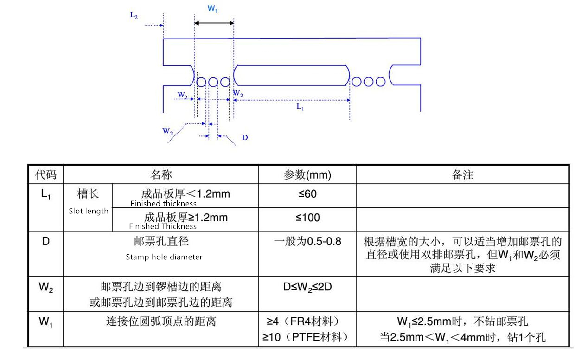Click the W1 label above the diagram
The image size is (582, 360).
coord(213,9)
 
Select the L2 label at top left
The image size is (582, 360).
coord(134,15)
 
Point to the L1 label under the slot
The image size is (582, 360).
coord(300,107)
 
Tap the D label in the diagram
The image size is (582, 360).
coord(245,138)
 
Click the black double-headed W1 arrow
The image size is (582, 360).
coord(214,23)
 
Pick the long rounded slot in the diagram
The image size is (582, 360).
coord(292,76)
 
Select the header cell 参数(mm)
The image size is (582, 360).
coord(307,174)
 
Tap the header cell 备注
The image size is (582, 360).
coord(462,174)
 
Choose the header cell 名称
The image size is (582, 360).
coord(161,174)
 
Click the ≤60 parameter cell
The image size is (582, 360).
coord(307,194)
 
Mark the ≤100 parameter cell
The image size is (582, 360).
coord(307,218)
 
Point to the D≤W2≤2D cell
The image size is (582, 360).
coord(307,287)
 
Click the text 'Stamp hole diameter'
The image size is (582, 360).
coord(164,257)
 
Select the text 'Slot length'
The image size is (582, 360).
coord(89,211)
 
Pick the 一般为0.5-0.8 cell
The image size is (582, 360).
coord(307,242)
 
